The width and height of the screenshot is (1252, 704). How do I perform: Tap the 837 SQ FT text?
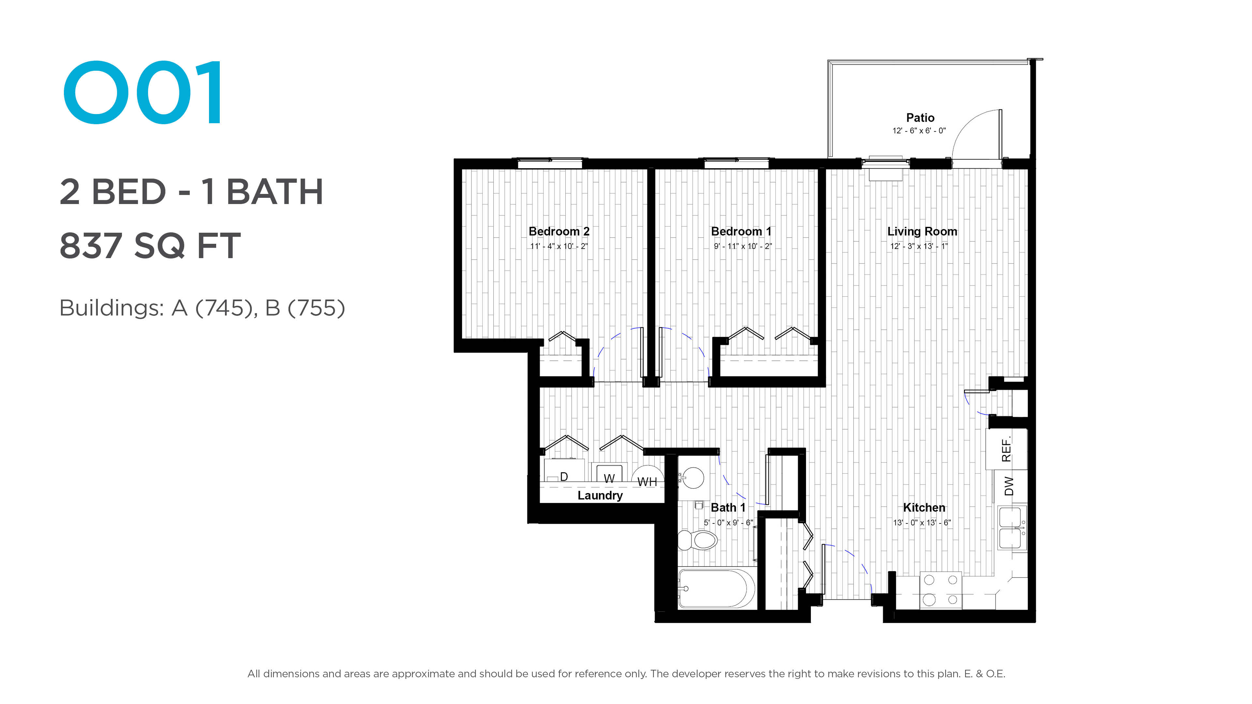click(x=150, y=246)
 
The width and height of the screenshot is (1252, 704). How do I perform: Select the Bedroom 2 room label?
click(x=559, y=231)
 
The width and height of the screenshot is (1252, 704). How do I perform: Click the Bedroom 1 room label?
click(x=741, y=231)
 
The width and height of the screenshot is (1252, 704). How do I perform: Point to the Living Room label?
click(x=922, y=232)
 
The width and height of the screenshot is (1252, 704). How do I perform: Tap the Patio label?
click(x=920, y=118)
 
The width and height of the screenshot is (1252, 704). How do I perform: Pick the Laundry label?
click(x=600, y=495)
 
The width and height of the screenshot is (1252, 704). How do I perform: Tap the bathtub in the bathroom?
click(x=716, y=588)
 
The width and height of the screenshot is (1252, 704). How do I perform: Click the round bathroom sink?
click(x=692, y=477)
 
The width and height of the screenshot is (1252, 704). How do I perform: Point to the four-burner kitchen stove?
click(x=940, y=590)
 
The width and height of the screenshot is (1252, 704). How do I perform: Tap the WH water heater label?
click(x=647, y=482)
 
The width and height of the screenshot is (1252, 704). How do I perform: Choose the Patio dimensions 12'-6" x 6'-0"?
click(x=919, y=131)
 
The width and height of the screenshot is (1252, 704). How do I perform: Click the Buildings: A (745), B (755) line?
click(x=202, y=308)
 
